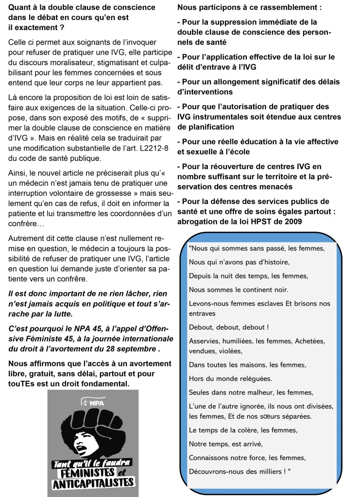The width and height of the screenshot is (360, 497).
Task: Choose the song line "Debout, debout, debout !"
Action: [229, 326]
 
